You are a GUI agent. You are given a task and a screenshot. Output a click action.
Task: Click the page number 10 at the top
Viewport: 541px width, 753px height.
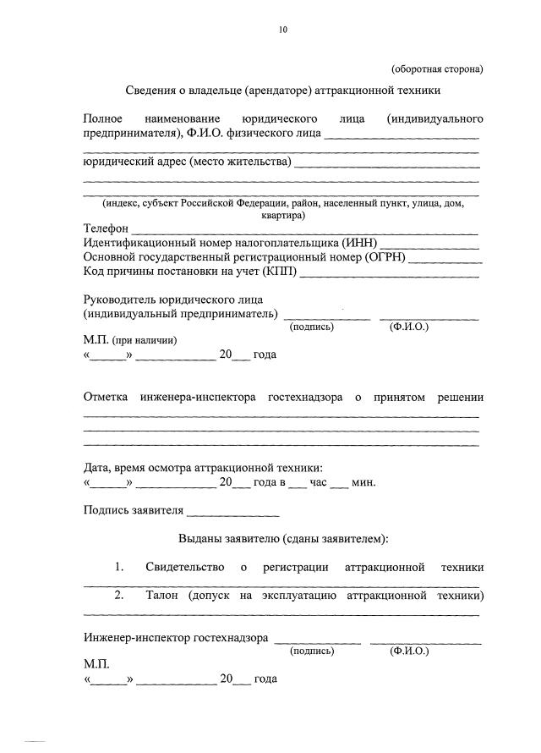283,30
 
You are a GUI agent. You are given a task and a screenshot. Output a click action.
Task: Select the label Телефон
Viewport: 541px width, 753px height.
106,229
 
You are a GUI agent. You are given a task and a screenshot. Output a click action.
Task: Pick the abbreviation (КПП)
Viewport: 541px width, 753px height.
280,272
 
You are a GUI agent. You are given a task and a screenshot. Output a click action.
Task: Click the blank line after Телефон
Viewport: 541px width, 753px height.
304,231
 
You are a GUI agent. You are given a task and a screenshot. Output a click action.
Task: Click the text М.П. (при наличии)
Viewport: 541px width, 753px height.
130,340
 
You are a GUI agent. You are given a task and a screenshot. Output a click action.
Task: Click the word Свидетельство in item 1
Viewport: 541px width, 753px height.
184,567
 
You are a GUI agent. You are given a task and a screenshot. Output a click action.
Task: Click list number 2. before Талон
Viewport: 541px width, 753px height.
120,596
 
